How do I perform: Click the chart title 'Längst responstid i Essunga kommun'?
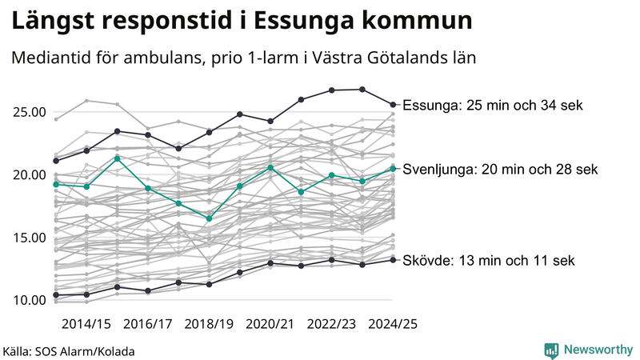coord(240,22)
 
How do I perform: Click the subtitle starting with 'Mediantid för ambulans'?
coord(243,58)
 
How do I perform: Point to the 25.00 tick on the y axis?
coord(28,112)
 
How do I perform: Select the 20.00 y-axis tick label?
coord(28,174)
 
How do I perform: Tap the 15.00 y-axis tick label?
coord(28,238)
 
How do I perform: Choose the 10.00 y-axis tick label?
coord(28,300)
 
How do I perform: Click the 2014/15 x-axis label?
coord(86,324)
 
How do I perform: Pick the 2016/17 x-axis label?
coord(148,324)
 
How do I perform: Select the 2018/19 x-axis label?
coord(210,324)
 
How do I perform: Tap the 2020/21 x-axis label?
coord(270,324)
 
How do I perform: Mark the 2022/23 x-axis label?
coord(332,324)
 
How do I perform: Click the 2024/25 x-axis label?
coord(393,324)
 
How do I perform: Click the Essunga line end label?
coord(494,105)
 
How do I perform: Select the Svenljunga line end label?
coord(500,169)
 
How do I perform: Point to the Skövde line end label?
coord(488,260)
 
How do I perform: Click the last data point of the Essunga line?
coord(393,104)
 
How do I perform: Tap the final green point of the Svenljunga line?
coord(393,168)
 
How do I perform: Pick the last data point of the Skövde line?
coord(393,259)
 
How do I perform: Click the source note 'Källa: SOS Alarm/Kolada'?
coord(68,351)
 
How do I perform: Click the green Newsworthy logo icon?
coord(551,350)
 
